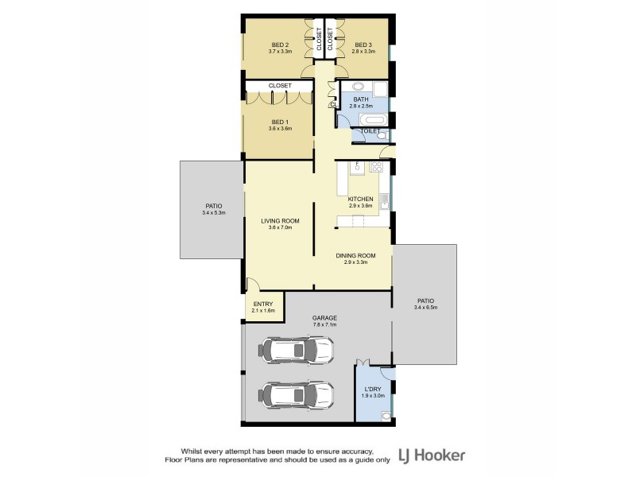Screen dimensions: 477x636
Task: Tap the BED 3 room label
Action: (x=363, y=45)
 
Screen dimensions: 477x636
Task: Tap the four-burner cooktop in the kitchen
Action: (x=377, y=167)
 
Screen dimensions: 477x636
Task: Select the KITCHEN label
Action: (x=361, y=199)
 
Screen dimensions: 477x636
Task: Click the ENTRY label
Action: (x=263, y=304)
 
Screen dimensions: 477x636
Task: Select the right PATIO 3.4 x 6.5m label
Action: (x=426, y=302)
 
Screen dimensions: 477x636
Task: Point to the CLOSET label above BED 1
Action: (x=280, y=85)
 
